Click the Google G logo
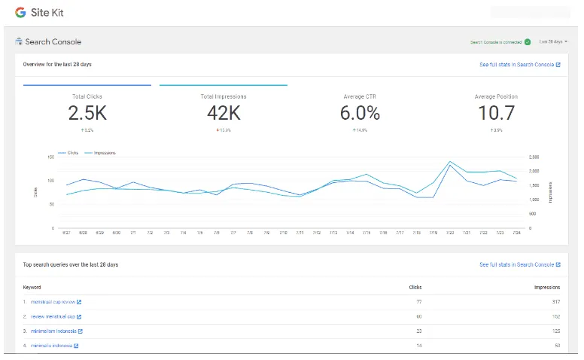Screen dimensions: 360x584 (20, 13)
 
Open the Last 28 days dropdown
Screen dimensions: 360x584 (553, 41)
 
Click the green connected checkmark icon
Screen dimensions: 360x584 (528, 42)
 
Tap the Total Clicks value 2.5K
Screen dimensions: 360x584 (87, 113)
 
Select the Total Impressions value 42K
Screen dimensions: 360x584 (224, 113)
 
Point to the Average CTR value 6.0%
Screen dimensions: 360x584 (360, 113)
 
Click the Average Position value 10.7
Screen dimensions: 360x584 (496, 113)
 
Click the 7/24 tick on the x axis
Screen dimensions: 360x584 (516, 233)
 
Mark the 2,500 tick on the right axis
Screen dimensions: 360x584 (534, 157)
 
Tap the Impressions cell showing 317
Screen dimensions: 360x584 (555, 302)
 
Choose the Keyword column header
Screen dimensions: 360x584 (32, 287)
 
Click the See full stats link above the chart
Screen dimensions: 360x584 (519, 65)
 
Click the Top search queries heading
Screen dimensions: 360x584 (71, 265)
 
